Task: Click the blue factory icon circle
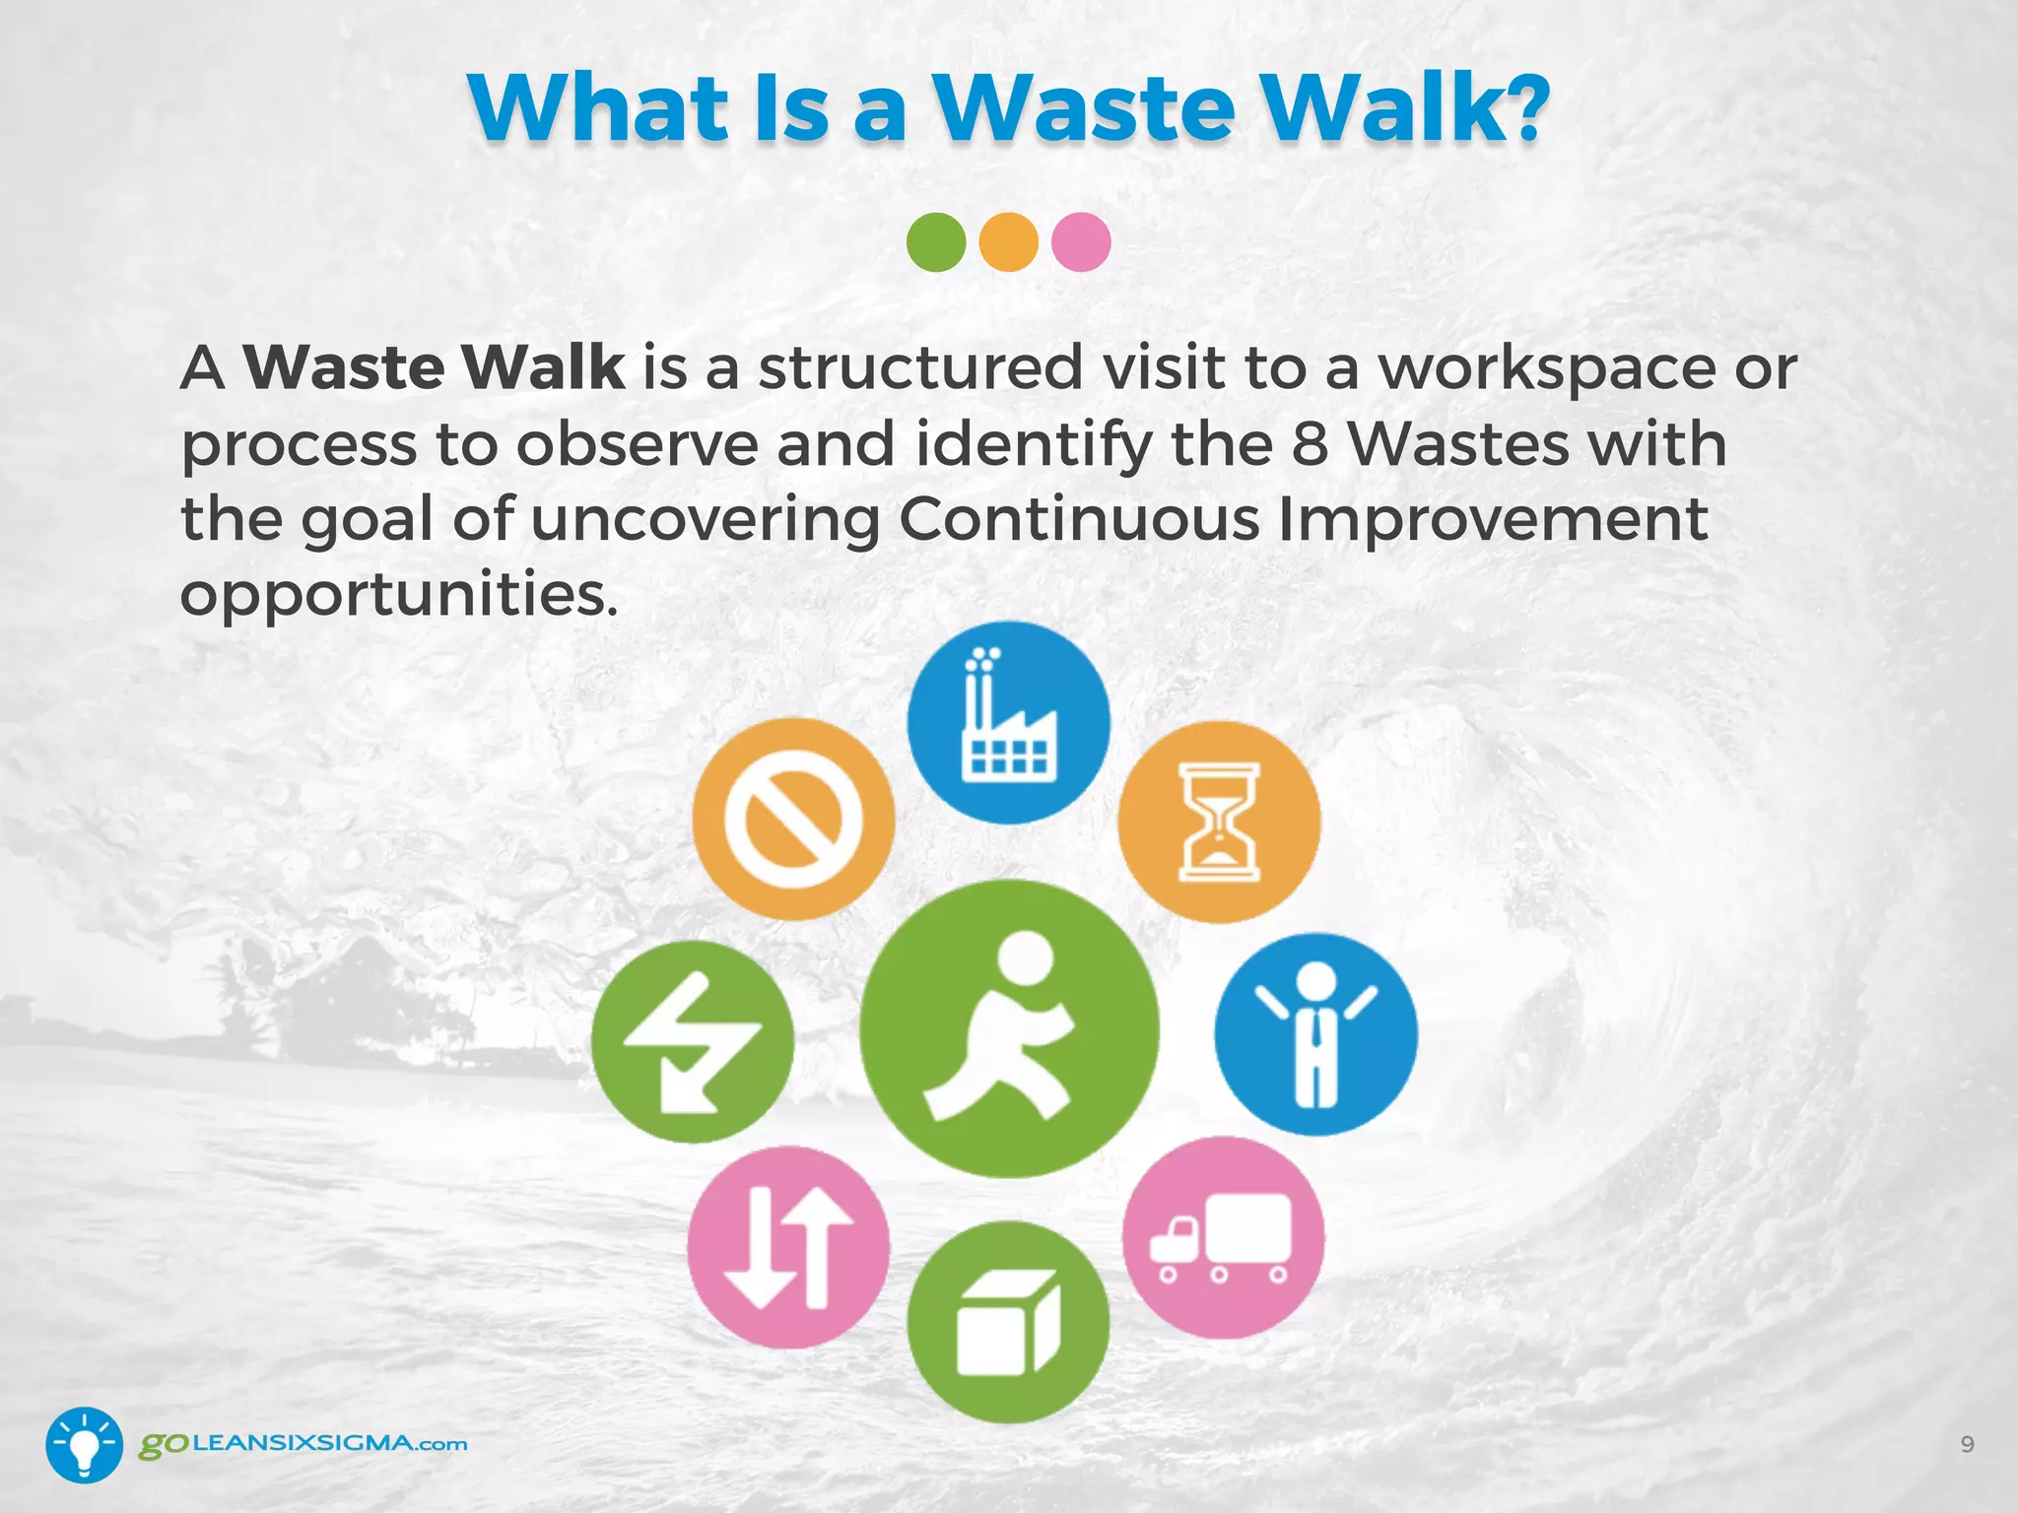point(1008,722)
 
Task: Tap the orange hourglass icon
point(1219,822)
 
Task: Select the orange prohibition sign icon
point(793,820)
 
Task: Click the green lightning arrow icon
point(693,1041)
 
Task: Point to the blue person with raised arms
point(1315,1034)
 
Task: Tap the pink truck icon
point(1223,1237)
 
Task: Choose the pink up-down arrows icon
point(788,1247)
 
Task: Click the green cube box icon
point(1008,1322)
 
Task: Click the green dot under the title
point(936,242)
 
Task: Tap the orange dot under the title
point(1009,242)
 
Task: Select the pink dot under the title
point(1081,242)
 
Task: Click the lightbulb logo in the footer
point(85,1444)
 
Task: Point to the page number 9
point(1967,1444)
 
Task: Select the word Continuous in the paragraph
point(1079,519)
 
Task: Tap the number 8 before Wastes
point(1310,444)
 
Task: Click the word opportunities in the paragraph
point(399,595)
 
